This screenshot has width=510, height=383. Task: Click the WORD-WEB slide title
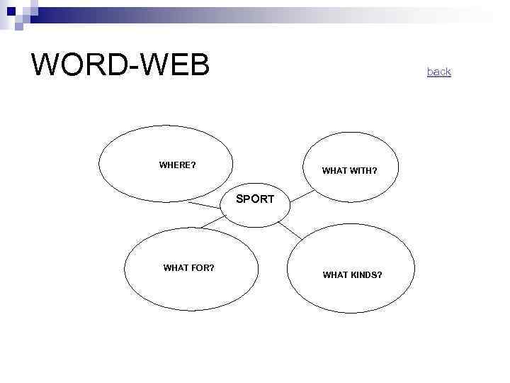[x=120, y=65]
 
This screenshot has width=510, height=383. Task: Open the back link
[x=438, y=72]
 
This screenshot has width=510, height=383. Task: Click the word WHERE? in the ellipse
[x=177, y=165]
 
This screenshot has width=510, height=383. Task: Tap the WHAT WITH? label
[x=349, y=171]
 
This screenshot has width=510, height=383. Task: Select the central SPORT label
[x=254, y=199]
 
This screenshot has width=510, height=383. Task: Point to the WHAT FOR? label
[x=188, y=268]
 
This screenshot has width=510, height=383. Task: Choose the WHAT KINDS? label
[x=352, y=274]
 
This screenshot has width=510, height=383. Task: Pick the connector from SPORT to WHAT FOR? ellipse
[x=210, y=223]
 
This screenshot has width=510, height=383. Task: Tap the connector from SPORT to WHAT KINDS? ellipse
[x=290, y=229]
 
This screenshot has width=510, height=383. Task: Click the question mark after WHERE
[x=193, y=165]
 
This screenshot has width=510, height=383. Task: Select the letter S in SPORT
[x=239, y=199]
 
